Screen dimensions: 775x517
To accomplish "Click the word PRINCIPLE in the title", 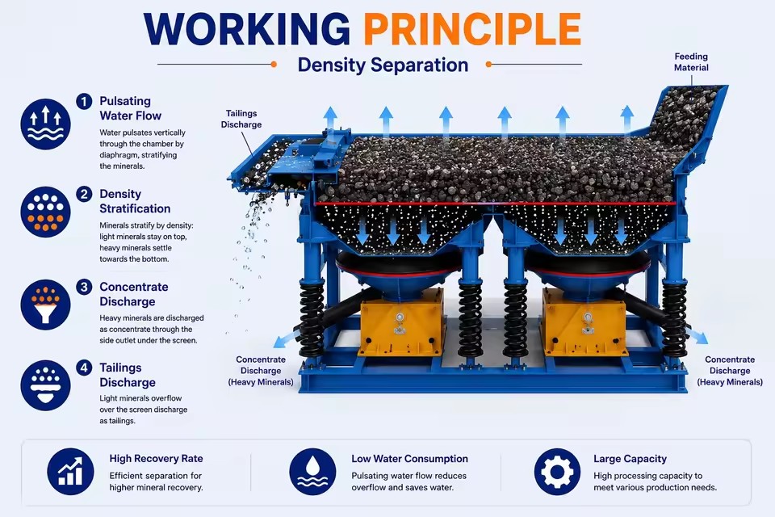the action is point(472,29).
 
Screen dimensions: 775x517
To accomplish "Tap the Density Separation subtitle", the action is point(383,65).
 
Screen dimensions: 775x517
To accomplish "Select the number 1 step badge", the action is point(84,102).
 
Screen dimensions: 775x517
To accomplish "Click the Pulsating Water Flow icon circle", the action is point(45,124).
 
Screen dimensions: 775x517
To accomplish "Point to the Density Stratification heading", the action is point(135,201).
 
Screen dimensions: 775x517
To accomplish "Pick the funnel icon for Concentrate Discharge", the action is point(45,305).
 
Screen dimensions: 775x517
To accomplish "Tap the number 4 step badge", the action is point(84,368).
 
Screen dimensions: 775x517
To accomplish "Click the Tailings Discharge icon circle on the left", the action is point(45,385).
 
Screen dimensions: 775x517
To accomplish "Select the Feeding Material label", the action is point(691,62).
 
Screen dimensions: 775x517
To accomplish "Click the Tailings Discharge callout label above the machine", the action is point(241,120).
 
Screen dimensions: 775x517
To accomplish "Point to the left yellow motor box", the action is point(401,322).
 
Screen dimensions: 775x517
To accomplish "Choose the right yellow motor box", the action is point(584,322).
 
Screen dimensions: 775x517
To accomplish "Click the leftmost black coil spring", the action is point(312,319).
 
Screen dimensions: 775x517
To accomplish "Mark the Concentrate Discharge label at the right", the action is point(730,371).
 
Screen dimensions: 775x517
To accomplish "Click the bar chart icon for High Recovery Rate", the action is point(70,472).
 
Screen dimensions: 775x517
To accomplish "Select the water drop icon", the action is point(312,472).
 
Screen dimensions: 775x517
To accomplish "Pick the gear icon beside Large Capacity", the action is point(557,472).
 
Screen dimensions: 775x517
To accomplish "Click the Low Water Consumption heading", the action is point(410,459).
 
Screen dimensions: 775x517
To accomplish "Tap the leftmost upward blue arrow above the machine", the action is point(331,119).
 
